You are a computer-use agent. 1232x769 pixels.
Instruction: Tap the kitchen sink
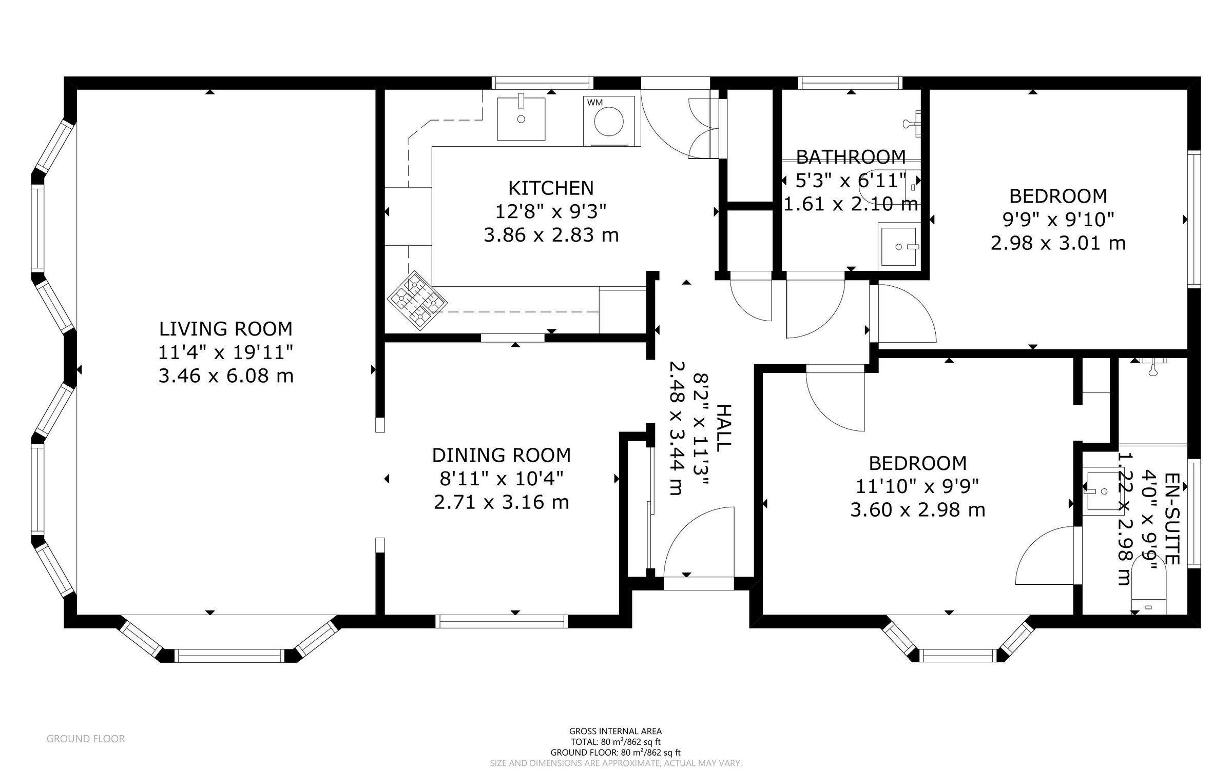(x=521, y=119)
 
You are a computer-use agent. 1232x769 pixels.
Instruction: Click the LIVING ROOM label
(x=226, y=328)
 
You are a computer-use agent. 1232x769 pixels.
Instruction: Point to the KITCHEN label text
(x=551, y=188)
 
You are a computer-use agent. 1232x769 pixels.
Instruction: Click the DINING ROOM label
(x=502, y=455)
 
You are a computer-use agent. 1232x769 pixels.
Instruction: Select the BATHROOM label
(x=851, y=156)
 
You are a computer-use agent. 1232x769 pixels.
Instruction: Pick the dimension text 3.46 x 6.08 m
(x=226, y=376)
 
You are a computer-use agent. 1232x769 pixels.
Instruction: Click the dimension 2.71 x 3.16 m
(x=502, y=502)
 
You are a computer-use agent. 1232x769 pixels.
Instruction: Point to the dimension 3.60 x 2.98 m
(x=918, y=510)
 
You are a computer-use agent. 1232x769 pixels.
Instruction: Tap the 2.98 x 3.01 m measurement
(x=1058, y=243)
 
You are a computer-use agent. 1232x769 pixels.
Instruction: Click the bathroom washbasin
(x=898, y=246)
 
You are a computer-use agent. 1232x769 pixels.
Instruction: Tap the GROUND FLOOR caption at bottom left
(x=86, y=739)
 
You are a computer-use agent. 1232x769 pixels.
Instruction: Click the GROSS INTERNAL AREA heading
(x=615, y=731)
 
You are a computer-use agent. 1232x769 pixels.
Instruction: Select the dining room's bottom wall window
(x=502, y=621)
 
